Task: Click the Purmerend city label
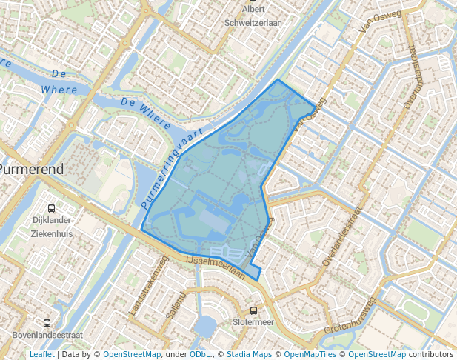tap(31, 169)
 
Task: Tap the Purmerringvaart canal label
tap(171, 170)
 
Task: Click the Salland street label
tap(173, 304)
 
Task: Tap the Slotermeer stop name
tap(253, 322)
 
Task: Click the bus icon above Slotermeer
tap(254, 310)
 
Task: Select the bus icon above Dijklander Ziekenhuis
tap(51, 208)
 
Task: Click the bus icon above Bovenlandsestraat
tap(47, 323)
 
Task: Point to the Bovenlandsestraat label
tap(47, 335)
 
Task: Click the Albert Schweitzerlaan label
tap(254, 16)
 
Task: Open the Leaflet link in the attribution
tap(42, 354)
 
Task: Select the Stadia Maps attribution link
tap(249, 354)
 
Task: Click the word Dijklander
tap(51, 221)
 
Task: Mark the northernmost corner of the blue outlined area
tap(278, 79)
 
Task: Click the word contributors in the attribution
tap(430, 354)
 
